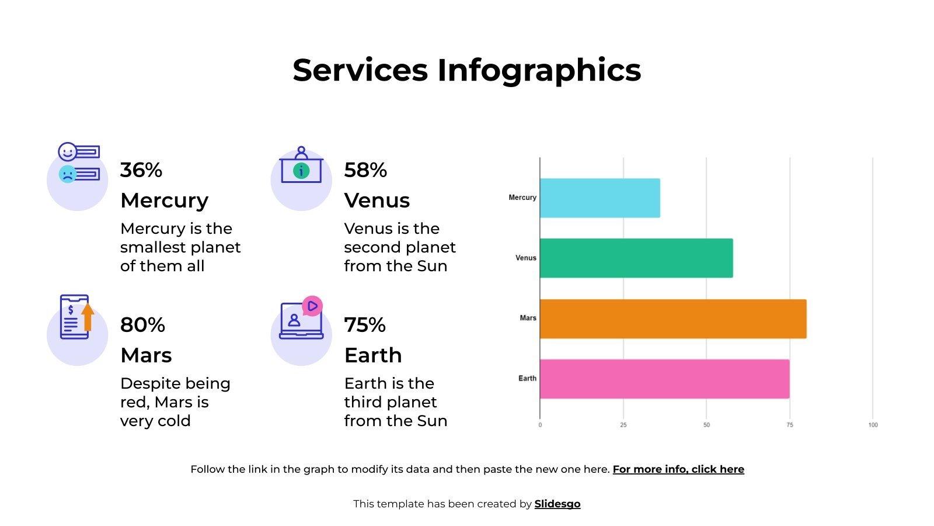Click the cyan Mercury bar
tap(600, 198)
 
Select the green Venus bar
tap(636, 258)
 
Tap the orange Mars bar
tap(673, 319)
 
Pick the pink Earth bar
tap(664, 379)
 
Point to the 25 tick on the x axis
tap(623, 425)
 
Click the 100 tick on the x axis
tap(873, 425)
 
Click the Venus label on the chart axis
tap(525, 258)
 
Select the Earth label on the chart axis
tap(527, 379)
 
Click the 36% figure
tap(141, 170)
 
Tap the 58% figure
tap(365, 170)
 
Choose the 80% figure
tap(142, 325)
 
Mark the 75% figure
tap(365, 325)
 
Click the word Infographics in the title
tap(539, 70)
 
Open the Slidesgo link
tap(557, 504)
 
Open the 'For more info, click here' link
tap(678, 469)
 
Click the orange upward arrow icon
tap(88, 316)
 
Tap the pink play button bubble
tap(312, 306)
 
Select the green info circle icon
tap(301, 171)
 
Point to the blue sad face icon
tap(68, 174)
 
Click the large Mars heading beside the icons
tap(146, 355)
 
